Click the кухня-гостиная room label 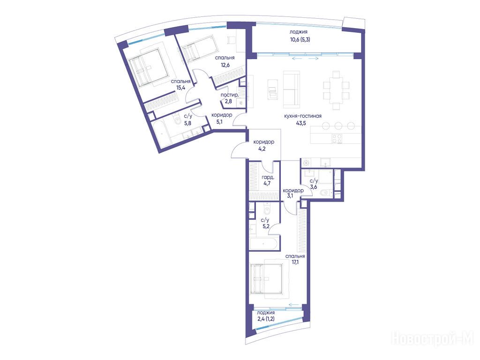coord(303,116)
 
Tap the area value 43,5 coord(301,123)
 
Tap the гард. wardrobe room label coord(268,177)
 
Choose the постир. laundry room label coord(230,95)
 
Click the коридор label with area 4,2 coord(263,142)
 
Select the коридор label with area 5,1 coord(222,115)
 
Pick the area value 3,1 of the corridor coord(290,196)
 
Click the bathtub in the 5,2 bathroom coord(264,244)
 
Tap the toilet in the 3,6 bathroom coord(324,193)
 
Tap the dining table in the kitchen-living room coord(336,90)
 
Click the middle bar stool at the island coord(338,126)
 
